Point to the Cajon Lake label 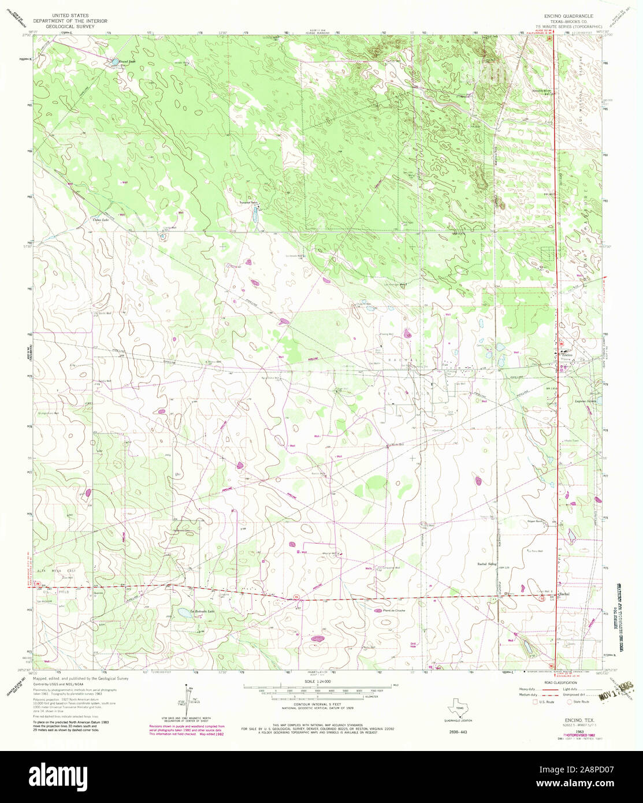pyautogui.click(x=102, y=220)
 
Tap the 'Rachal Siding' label pyautogui.click(x=486, y=564)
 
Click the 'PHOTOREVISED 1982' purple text pyautogui.click(x=554, y=719)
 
